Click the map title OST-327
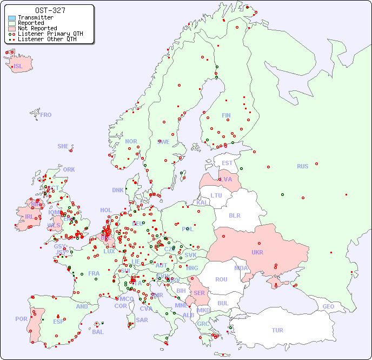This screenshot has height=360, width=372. point(50,10)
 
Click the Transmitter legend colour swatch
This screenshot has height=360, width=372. point(12,18)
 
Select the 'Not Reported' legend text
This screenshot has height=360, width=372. point(37,28)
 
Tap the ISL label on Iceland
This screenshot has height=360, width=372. point(18,67)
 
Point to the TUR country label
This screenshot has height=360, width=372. point(277,330)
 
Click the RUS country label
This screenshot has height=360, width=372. point(302,166)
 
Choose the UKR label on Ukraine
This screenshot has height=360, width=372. point(257,252)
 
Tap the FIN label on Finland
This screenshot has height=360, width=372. point(226,115)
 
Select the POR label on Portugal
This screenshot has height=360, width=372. point(21,319)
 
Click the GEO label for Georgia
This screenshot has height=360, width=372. point(328,306)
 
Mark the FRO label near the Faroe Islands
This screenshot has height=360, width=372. point(46,115)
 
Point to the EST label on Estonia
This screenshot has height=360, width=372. point(227,163)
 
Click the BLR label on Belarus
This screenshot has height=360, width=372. point(234,215)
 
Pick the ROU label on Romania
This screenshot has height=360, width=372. point(221,279)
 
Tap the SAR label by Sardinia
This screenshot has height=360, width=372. point(142,320)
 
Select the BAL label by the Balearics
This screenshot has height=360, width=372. point(97,332)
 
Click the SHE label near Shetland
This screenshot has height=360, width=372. point(63,146)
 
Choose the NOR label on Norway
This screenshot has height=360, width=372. point(131,141)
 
